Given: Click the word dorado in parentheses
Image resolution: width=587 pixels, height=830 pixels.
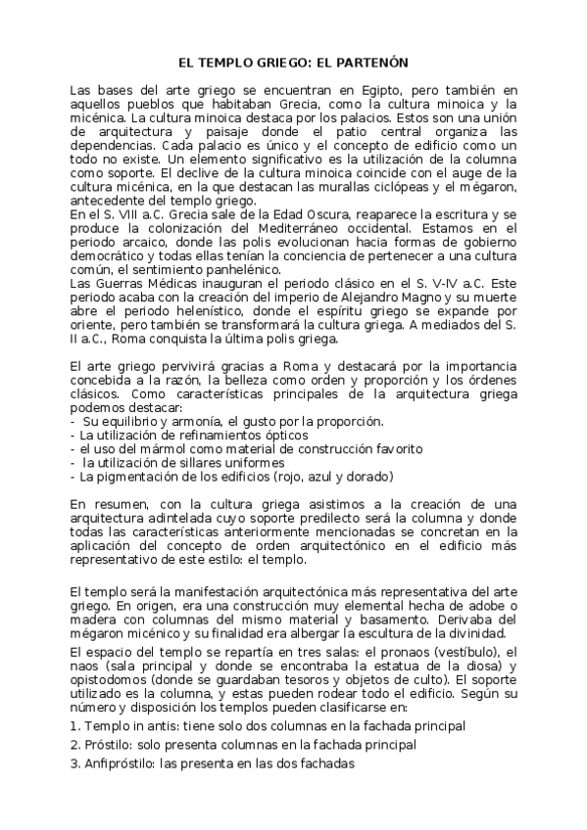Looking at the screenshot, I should [365, 477].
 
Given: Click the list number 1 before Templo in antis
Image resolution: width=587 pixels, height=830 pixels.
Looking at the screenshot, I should [74, 725].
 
